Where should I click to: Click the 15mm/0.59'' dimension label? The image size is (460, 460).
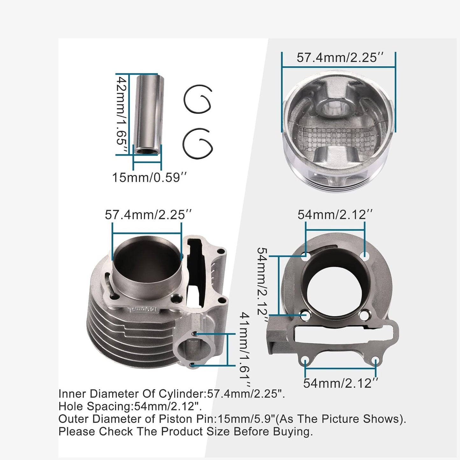tap(149, 177)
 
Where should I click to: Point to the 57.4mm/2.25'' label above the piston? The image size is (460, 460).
tap(340, 58)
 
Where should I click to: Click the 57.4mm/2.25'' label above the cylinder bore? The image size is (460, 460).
tap(148, 215)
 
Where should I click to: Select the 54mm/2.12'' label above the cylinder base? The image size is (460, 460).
tap(335, 215)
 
